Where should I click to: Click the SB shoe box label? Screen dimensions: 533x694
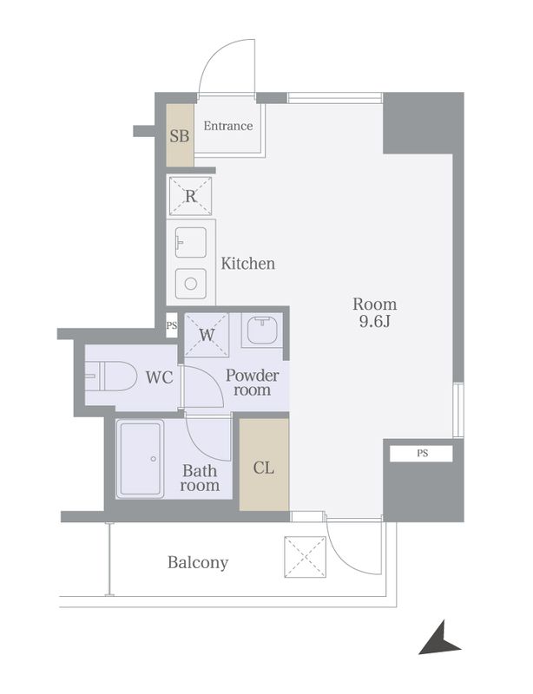tap(180, 136)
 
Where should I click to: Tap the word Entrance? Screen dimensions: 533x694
tap(228, 126)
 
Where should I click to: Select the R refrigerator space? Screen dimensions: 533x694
tap(190, 196)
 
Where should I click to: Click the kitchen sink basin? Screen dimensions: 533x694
tap(190, 242)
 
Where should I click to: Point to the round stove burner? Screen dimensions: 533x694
tap(190, 284)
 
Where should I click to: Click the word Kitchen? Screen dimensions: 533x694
tap(247, 264)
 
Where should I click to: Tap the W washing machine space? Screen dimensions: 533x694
tap(207, 335)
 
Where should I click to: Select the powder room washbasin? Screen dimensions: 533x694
tap(262, 331)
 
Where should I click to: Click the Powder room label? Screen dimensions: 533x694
tap(252, 383)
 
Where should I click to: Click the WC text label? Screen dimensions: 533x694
tap(159, 377)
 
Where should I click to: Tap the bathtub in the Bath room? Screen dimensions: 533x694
tap(140, 459)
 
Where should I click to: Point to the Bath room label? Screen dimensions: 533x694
tap(200, 478)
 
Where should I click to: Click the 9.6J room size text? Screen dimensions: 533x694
tap(375, 322)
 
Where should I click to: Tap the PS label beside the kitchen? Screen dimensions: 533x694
tap(172, 325)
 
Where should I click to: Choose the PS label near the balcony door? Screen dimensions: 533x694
tap(422, 453)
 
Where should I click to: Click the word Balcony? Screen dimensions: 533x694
tap(198, 562)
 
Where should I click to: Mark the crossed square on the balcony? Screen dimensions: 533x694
tap(306, 557)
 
